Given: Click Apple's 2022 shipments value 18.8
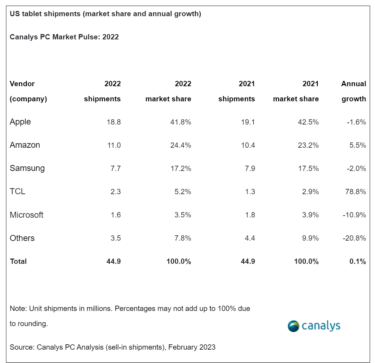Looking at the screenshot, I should click(x=114, y=122).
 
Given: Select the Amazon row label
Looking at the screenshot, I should click(x=25, y=145).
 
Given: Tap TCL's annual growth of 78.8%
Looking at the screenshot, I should click(x=355, y=192).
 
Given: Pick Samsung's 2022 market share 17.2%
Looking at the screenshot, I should click(x=181, y=168).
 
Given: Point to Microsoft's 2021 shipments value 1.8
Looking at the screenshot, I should click(x=250, y=215).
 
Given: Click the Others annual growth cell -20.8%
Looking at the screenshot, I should click(x=354, y=238).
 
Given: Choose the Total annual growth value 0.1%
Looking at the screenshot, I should click(x=357, y=261).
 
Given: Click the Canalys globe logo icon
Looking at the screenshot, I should click(x=293, y=326).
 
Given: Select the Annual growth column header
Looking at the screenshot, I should click(x=354, y=91).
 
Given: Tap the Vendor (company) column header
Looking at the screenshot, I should click(x=28, y=91).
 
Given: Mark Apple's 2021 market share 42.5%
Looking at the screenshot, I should click(x=308, y=122).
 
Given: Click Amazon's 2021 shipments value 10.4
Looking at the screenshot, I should click(x=248, y=145).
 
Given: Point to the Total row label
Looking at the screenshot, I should click(x=18, y=261).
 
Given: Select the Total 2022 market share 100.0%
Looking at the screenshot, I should click(x=178, y=261).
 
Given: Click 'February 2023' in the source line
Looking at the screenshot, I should click(x=192, y=347).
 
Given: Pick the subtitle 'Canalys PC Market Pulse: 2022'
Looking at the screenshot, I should click(x=64, y=37).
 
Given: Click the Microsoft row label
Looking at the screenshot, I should click(x=26, y=215).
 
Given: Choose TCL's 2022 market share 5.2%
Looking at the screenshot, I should click(x=182, y=192).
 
